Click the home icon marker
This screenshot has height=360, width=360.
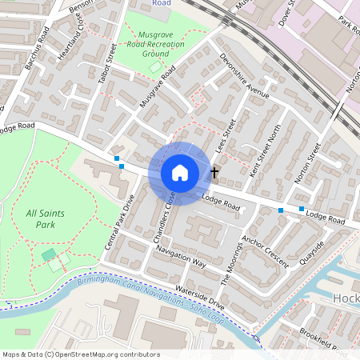point(180,173)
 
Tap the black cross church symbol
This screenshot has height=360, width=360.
point(214,172)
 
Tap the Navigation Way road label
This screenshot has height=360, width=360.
point(182,257)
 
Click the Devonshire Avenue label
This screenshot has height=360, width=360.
point(245,75)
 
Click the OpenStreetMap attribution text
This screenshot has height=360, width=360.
point(81,354)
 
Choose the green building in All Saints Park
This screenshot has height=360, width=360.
point(50,255)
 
